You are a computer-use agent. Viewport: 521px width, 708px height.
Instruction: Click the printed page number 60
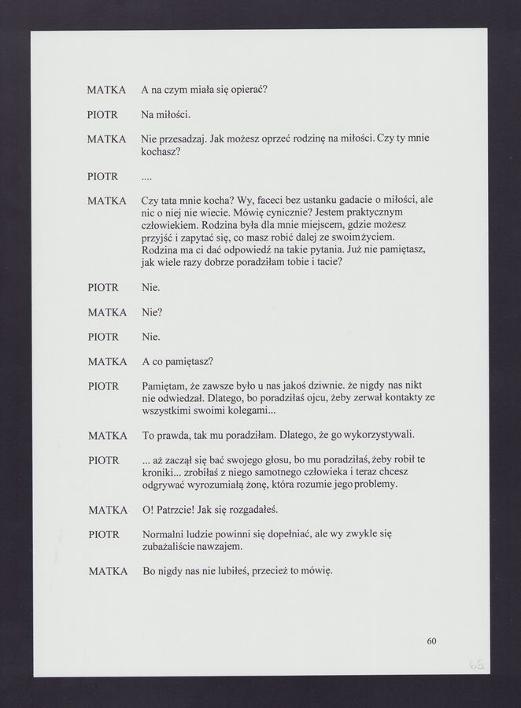pyautogui.click(x=431, y=641)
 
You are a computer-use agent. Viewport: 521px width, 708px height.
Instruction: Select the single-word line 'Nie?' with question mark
pyautogui.click(x=152, y=312)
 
